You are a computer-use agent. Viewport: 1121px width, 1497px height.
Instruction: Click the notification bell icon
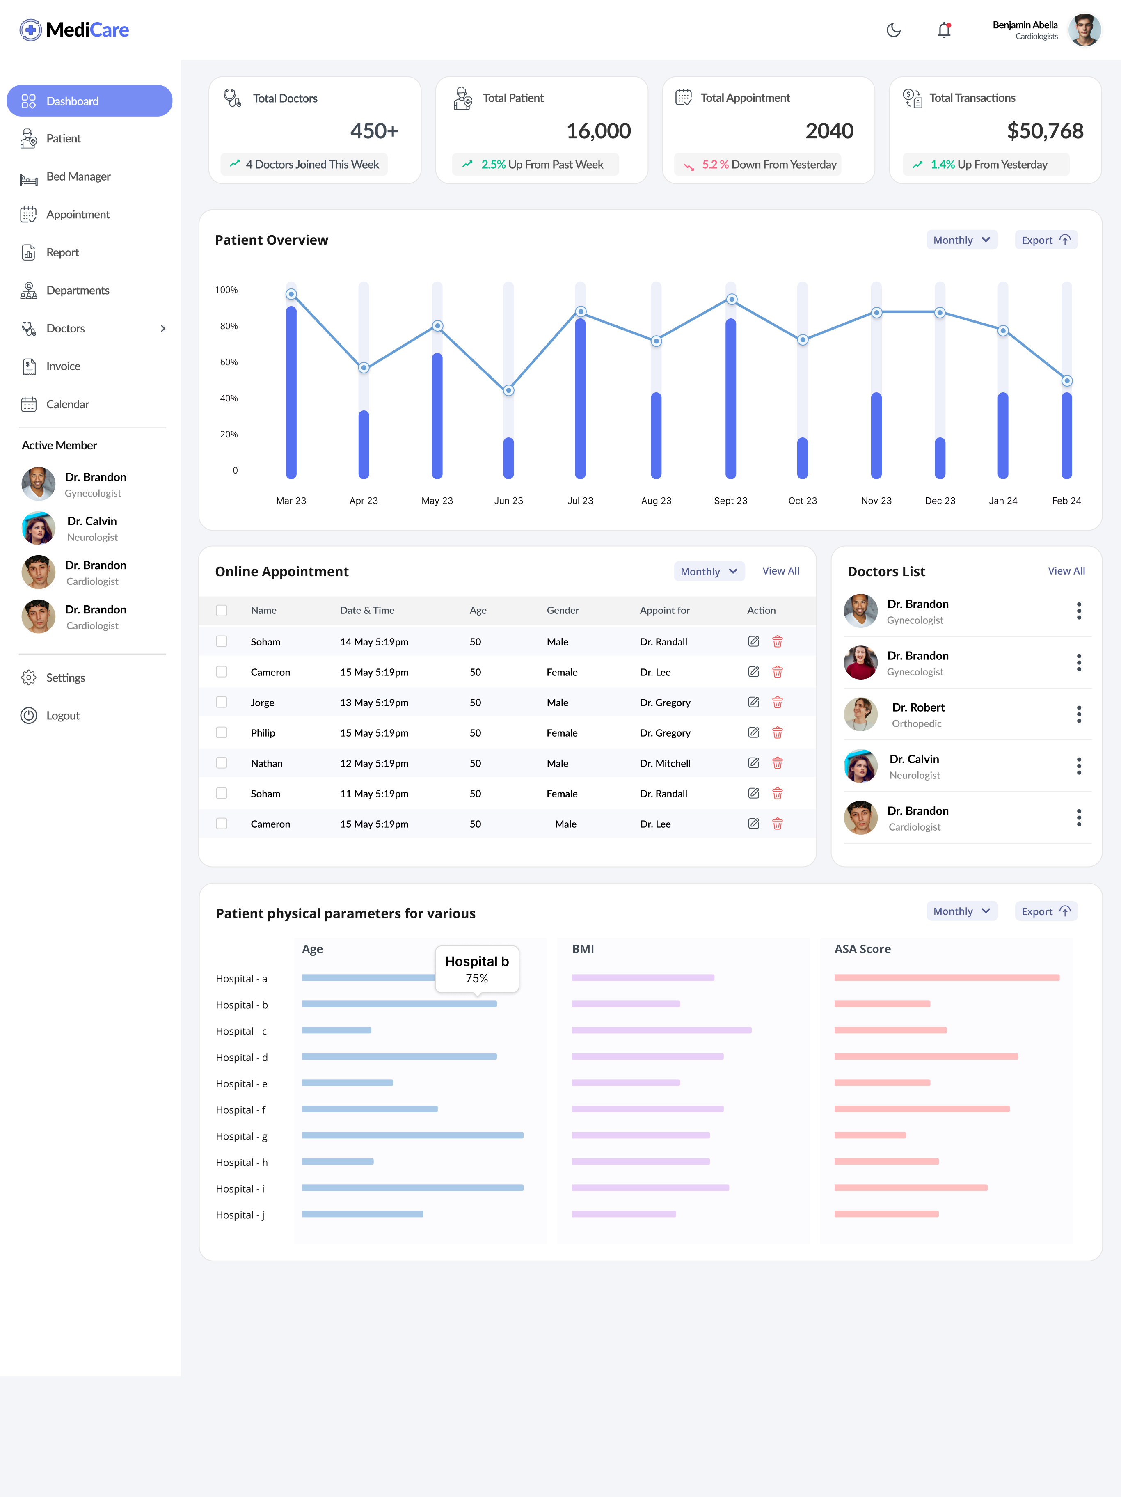pyautogui.click(x=944, y=30)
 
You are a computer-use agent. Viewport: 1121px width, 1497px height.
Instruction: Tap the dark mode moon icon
pyautogui.click(x=893, y=30)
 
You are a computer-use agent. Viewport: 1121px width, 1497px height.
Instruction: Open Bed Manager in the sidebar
pyautogui.click(x=78, y=176)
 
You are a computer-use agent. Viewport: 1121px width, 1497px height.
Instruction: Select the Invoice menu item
pyautogui.click(x=63, y=366)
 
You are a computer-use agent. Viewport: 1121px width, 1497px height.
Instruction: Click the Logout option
pyautogui.click(x=62, y=715)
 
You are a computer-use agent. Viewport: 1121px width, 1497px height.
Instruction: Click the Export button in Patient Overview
pyautogui.click(x=1045, y=240)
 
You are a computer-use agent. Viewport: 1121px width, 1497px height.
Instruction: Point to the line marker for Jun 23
pyautogui.click(x=509, y=391)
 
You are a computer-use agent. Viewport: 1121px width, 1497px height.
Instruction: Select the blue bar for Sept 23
pyautogui.click(x=731, y=399)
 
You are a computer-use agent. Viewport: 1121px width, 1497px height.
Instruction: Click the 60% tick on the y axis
pyautogui.click(x=229, y=362)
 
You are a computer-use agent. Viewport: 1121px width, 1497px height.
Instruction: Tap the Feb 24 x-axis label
pyautogui.click(x=1066, y=501)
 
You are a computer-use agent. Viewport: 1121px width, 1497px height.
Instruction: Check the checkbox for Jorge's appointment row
pyautogui.click(x=221, y=703)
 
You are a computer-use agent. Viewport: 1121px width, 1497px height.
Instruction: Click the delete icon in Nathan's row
pyautogui.click(x=777, y=763)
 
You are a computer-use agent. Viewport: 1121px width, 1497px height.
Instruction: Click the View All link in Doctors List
pyautogui.click(x=1066, y=571)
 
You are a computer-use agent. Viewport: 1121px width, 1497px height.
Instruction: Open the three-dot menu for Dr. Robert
pyautogui.click(x=1078, y=715)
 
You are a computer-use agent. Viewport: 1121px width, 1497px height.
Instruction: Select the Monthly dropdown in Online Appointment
pyautogui.click(x=708, y=572)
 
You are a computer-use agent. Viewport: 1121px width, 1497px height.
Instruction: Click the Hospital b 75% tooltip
pyautogui.click(x=476, y=969)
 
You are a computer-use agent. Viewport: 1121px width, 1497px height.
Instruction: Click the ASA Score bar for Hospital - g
pyautogui.click(x=869, y=1135)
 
